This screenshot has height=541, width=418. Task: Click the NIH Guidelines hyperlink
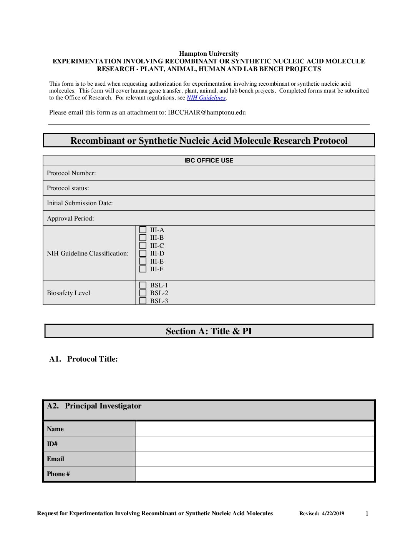(206, 98)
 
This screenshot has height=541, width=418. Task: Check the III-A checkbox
(143, 230)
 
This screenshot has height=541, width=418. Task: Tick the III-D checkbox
(143, 254)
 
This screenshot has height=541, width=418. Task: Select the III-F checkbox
(143, 269)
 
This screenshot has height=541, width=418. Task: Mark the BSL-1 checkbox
(143, 285)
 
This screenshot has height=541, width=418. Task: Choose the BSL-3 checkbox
(143, 301)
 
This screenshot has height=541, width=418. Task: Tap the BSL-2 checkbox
(143, 293)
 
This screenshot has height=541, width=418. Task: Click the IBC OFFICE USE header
(209, 161)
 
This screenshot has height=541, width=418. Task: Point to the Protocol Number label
(71, 173)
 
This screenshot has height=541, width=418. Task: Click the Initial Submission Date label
(80, 203)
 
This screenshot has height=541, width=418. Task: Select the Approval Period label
(70, 219)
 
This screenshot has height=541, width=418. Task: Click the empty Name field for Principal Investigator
(255, 429)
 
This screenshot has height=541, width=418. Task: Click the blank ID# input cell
(255, 444)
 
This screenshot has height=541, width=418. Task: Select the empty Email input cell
(255, 459)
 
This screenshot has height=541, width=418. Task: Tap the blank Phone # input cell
(255, 474)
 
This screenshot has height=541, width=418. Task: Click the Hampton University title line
(209, 54)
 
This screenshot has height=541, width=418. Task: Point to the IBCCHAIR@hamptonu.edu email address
(207, 113)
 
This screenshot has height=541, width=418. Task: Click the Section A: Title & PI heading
(209, 331)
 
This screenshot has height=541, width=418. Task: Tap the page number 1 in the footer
(367, 514)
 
